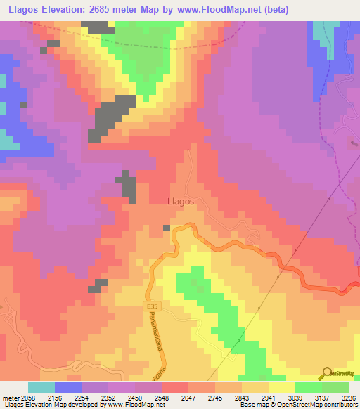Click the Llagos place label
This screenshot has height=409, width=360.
click(181, 200)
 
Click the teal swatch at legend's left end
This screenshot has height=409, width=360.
click(41, 387)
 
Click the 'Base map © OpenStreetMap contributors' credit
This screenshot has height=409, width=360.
click(298, 405)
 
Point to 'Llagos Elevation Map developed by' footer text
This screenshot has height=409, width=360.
click(51, 405)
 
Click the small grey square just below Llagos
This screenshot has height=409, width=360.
click(167, 228)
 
